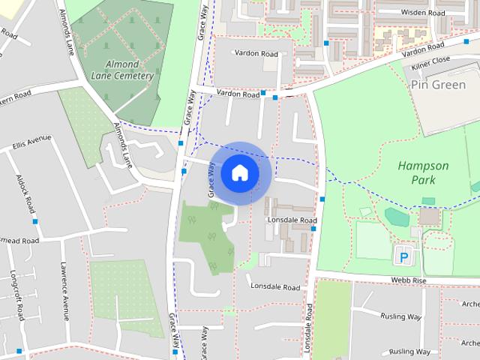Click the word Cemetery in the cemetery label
135,76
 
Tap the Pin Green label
439,85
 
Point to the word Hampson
423,166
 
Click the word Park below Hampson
423,180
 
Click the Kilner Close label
430,59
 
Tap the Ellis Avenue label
31,139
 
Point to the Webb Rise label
408,280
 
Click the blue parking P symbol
404,257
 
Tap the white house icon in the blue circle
239,173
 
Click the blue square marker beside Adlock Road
35,221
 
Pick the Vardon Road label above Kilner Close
423,48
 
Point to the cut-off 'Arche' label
470,304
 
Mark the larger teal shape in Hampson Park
395,217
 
